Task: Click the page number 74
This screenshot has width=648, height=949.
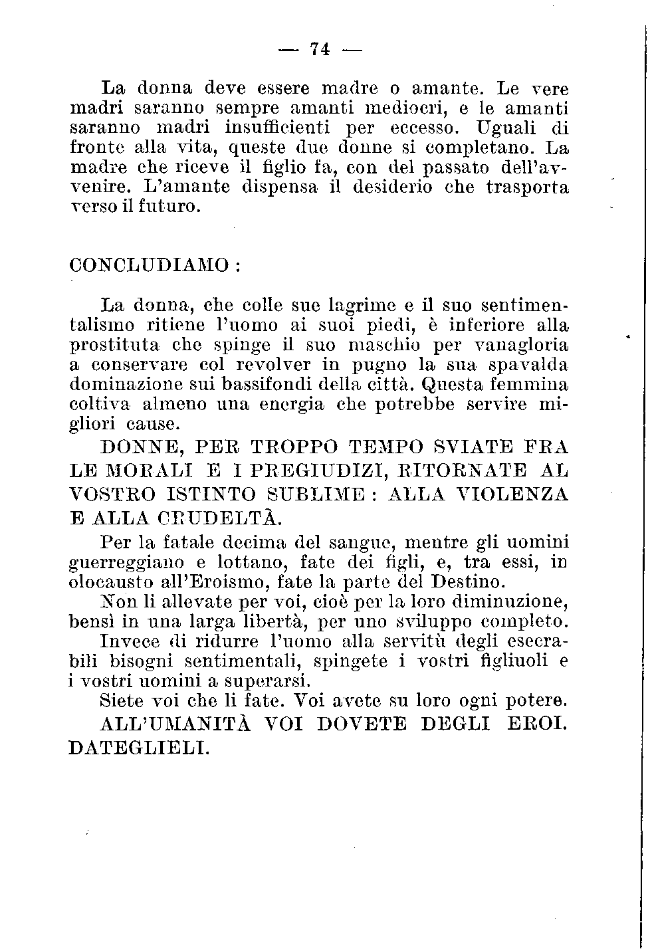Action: pos(320,49)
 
